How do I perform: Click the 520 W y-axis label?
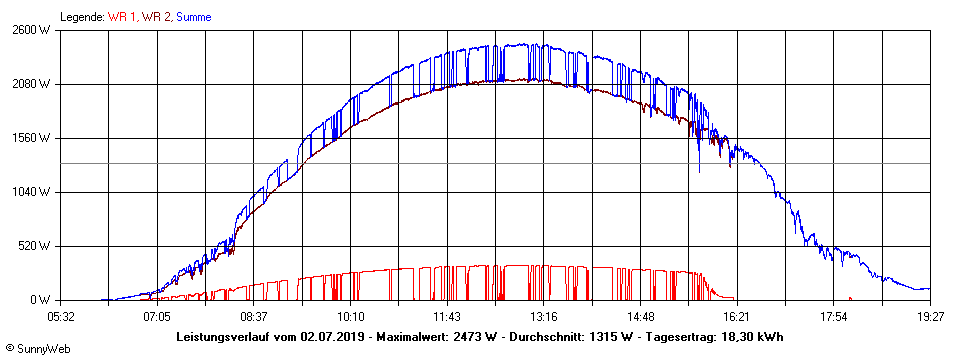(x=36, y=246)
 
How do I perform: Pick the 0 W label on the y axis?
(x=41, y=300)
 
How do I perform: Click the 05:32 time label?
(x=61, y=316)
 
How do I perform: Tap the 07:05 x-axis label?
(x=157, y=316)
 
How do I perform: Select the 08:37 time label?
(x=253, y=316)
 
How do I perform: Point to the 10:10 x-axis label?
(x=349, y=316)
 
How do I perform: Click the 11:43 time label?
(x=447, y=316)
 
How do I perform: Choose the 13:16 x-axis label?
(x=543, y=316)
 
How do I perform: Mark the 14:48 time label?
(x=639, y=316)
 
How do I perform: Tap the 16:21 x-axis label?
(x=736, y=316)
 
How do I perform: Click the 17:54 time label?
(x=833, y=316)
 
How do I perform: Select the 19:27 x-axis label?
(x=929, y=316)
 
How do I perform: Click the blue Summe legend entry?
(x=193, y=17)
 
